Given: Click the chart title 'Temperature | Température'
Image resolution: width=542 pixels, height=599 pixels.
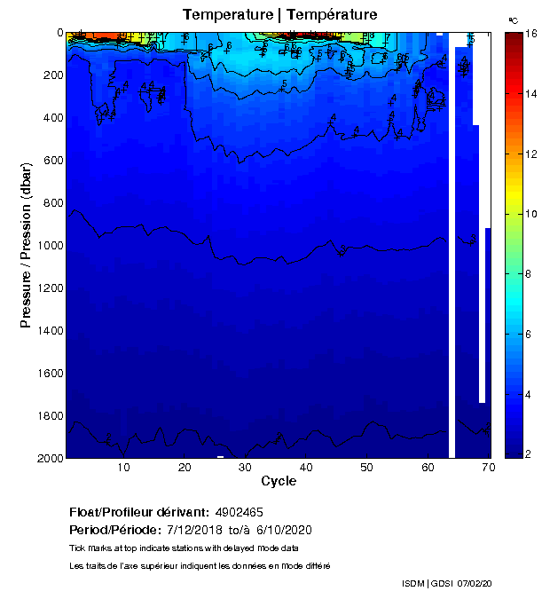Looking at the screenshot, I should click(x=279, y=14).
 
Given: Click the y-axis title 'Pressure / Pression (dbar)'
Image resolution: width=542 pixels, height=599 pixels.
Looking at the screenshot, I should click(x=26, y=245).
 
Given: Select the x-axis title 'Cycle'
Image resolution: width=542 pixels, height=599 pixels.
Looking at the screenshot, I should click(x=279, y=481).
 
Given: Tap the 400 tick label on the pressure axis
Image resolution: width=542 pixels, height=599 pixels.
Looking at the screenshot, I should click(x=51, y=118).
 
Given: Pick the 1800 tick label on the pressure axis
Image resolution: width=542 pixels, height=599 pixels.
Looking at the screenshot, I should click(x=48, y=415).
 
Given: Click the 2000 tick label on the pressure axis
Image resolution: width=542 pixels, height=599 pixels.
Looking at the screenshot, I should click(x=48, y=458).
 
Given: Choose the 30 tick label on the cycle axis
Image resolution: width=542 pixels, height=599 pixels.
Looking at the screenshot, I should click(x=245, y=468).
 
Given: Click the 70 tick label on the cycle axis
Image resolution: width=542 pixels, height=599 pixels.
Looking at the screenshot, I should click(x=488, y=468).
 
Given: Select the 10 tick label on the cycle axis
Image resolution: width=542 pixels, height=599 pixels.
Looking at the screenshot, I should click(x=123, y=468).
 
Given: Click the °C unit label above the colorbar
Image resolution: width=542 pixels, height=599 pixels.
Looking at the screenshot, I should click(x=513, y=20).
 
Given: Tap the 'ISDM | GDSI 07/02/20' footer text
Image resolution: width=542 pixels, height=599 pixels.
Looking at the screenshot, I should click(x=446, y=583).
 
